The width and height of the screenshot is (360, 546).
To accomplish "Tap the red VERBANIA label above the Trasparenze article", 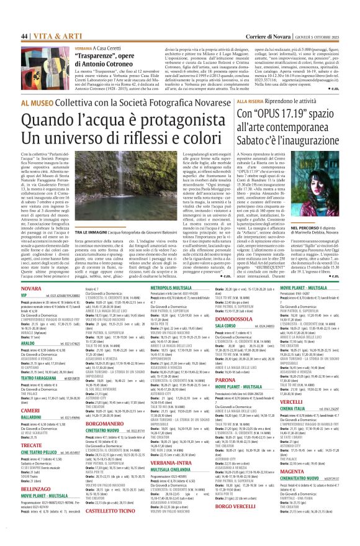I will tap(84, 47).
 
